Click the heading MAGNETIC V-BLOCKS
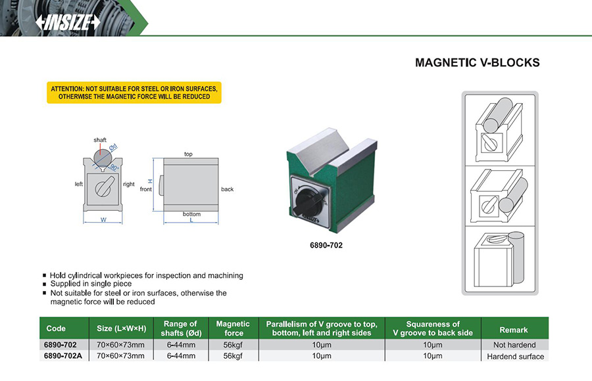click(x=477, y=63)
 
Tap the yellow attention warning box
click(x=134, y=92)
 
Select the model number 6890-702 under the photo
click(x=326, y=245)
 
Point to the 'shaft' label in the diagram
click(x=100, y=140)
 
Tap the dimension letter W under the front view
click(x=103, y=220)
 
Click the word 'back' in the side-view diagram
click(x=227, y=189)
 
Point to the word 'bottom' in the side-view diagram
click(x=191, y=214)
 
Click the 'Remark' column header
click(x=514, y=330)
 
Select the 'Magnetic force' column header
click(x=233, y=328)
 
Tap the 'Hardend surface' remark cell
click(x=515, y=357)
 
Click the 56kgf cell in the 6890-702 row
click(x=233, y=345)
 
